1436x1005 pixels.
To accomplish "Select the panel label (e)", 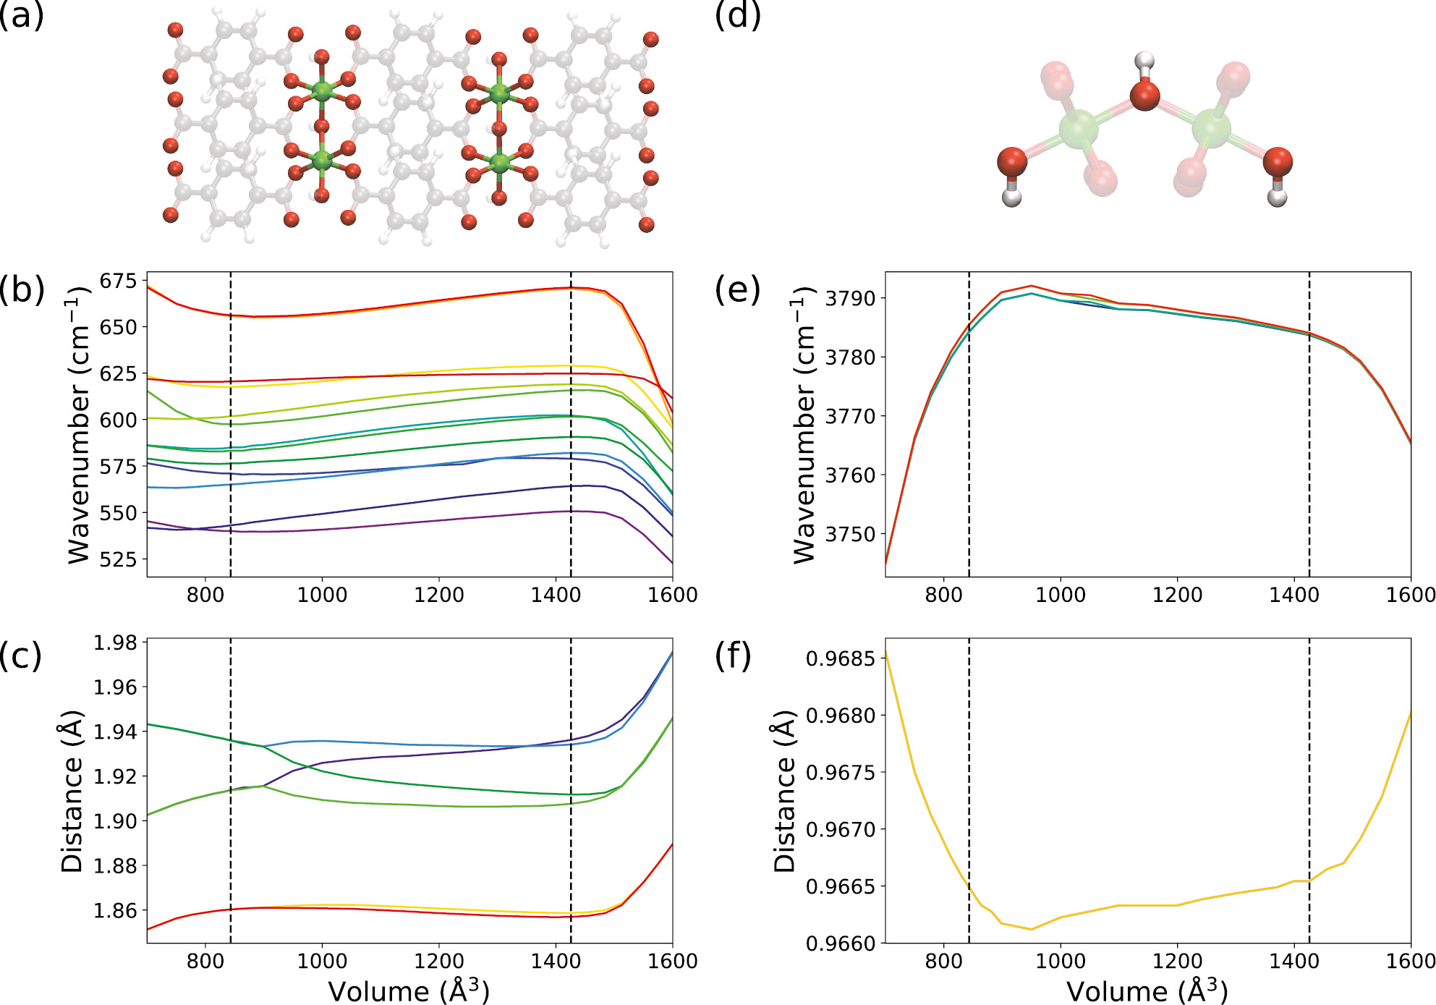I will click(x=737, y=289).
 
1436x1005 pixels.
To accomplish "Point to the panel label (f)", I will click(x=733, y=656).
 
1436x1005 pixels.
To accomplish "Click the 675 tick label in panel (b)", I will click(x=118, y=281).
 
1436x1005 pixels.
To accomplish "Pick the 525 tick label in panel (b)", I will click(x=118, y=559).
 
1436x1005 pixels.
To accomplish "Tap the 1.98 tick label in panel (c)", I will click(x=115, y=643).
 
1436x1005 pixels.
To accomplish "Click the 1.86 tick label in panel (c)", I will click(x=115, y=910).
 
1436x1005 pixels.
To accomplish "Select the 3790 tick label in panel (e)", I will click(x=850, y=298).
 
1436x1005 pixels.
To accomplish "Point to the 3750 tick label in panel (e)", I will click(x=850, y=534).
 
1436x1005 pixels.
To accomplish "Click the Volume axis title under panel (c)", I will click(x=409, y=991).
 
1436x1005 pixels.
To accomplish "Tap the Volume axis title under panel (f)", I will click(x=1147, y=991).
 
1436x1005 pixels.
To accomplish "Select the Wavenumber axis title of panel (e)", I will click(x=804, y=425).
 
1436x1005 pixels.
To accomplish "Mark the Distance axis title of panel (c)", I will click(x=72, y=791).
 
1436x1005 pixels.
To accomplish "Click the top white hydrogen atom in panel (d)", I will click(x=1144, y=61).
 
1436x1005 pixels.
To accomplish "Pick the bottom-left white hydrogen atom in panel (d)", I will click(x=1011, y=197).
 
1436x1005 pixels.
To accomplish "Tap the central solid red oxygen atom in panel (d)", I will click(x=1144, y=96).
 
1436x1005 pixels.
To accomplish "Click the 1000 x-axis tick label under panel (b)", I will click(x=322, y=595).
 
